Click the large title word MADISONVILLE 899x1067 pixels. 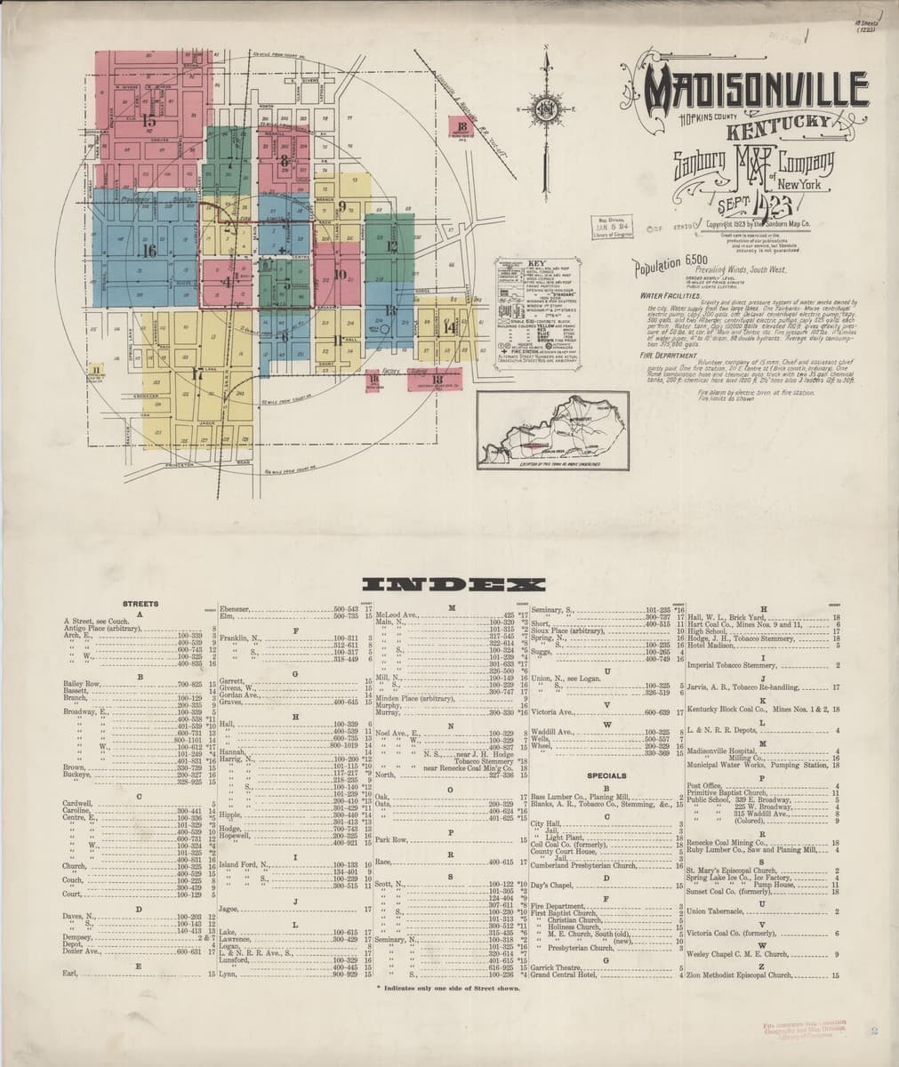point(756,90)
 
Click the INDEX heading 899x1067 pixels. point(449,585)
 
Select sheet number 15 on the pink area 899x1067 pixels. point(148,118)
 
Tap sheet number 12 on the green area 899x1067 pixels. point(391,246)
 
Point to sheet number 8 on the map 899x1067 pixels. point(284,161)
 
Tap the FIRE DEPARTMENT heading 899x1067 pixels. point(663,355)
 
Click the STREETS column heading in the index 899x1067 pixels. point(140,604)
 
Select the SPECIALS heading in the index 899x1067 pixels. point(606,775)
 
